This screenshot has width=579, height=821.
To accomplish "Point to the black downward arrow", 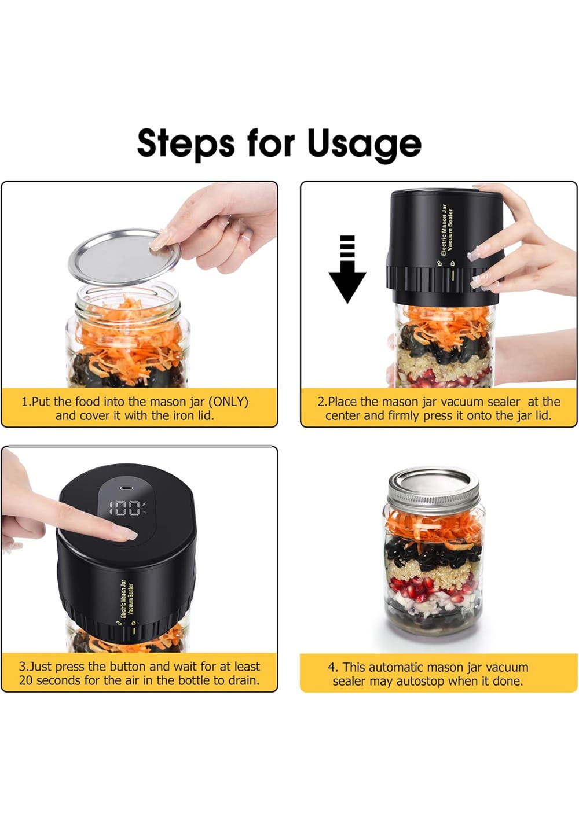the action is [347, 268].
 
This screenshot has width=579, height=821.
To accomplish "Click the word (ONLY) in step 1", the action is [228, 402].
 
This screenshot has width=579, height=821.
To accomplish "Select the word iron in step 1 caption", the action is [179, 415].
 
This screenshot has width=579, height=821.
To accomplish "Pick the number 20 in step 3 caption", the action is [26, 680].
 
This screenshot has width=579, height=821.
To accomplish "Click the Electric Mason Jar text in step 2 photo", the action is [444, 230].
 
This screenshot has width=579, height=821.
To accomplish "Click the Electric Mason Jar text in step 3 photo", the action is [123, 599].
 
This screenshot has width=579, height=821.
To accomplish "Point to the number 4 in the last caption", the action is [332, 667].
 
